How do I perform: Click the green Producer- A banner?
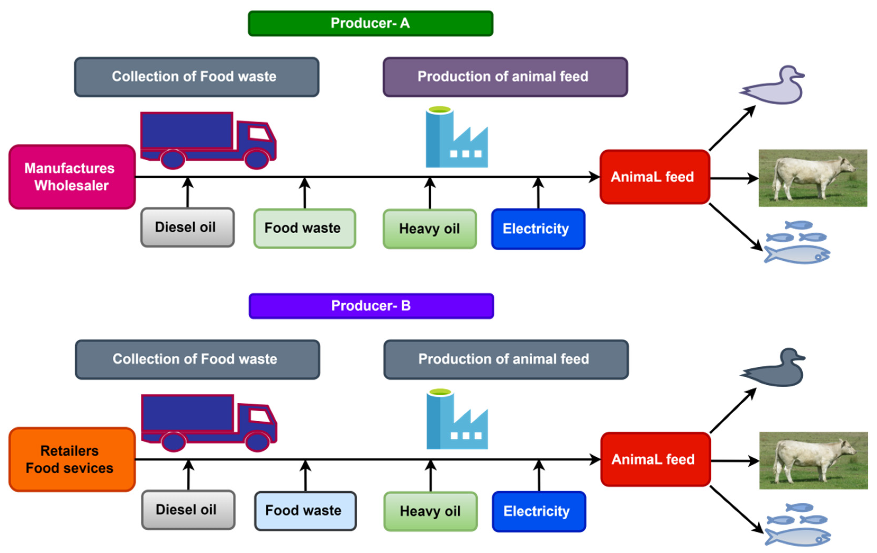coord(370,23)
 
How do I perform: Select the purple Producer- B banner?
coord(371,306)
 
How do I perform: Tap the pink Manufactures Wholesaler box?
coord(72,177)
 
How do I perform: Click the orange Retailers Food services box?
coord(72,459)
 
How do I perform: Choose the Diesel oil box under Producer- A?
coord(187,227)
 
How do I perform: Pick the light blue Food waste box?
coord(305,511)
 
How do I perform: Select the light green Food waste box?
coord(304,228)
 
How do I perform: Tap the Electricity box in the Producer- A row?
coord(538,229)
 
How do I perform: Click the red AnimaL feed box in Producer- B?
coord(655,459)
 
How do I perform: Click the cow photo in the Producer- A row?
coord(812,178)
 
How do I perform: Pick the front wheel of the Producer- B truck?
coord(257,442)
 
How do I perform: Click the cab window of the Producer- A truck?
coord(259,134)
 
